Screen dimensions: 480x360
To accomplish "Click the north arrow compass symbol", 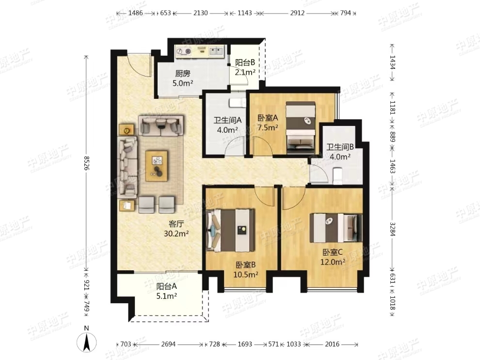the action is pyautogui.click(x=87, y=341).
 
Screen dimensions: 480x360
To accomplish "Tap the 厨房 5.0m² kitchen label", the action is pyautogui.click(x=183, y=78).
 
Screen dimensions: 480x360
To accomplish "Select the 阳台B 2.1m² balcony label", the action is pyautogui.click(x=245, y=67).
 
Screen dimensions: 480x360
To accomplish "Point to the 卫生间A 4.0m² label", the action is pyautogui.click(x=227, y=125).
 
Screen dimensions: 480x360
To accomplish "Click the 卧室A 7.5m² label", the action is pyautogui.click(x=268, y=123).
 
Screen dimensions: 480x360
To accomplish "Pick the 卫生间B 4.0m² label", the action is pyautogui.click(x=340, y=152).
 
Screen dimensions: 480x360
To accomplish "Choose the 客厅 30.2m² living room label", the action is pyautogui.click(x=176, y=229).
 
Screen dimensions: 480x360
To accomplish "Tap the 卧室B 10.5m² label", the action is pyautogui.click(x=245, y=269).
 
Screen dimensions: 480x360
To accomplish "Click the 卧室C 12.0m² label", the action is pyautogui.click(x=333, y=257).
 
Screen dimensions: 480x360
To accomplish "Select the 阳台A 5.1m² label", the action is pyautogui.click(x=166, y=291).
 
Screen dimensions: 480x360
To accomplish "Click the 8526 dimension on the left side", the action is pyautogui.click(x=87, y=163).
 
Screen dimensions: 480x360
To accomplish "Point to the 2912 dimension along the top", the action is pyautogui.click(x=297, y=13).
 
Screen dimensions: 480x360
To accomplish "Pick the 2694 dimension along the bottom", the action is pyautogui.click(x=168, y=344).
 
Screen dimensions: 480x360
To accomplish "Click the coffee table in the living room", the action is pyautogui.click(x=157, y=166).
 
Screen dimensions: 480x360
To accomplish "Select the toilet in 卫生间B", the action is pyautogui.click(x=337, y=176).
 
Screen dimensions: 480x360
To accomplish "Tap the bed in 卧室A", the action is pyautogui.click(x=300, y=128).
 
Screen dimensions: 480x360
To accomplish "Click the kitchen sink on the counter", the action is pyautogui.click(x=216, y=51).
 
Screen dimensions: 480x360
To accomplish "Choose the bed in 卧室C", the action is pyautogui.click(x=336, y=228).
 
